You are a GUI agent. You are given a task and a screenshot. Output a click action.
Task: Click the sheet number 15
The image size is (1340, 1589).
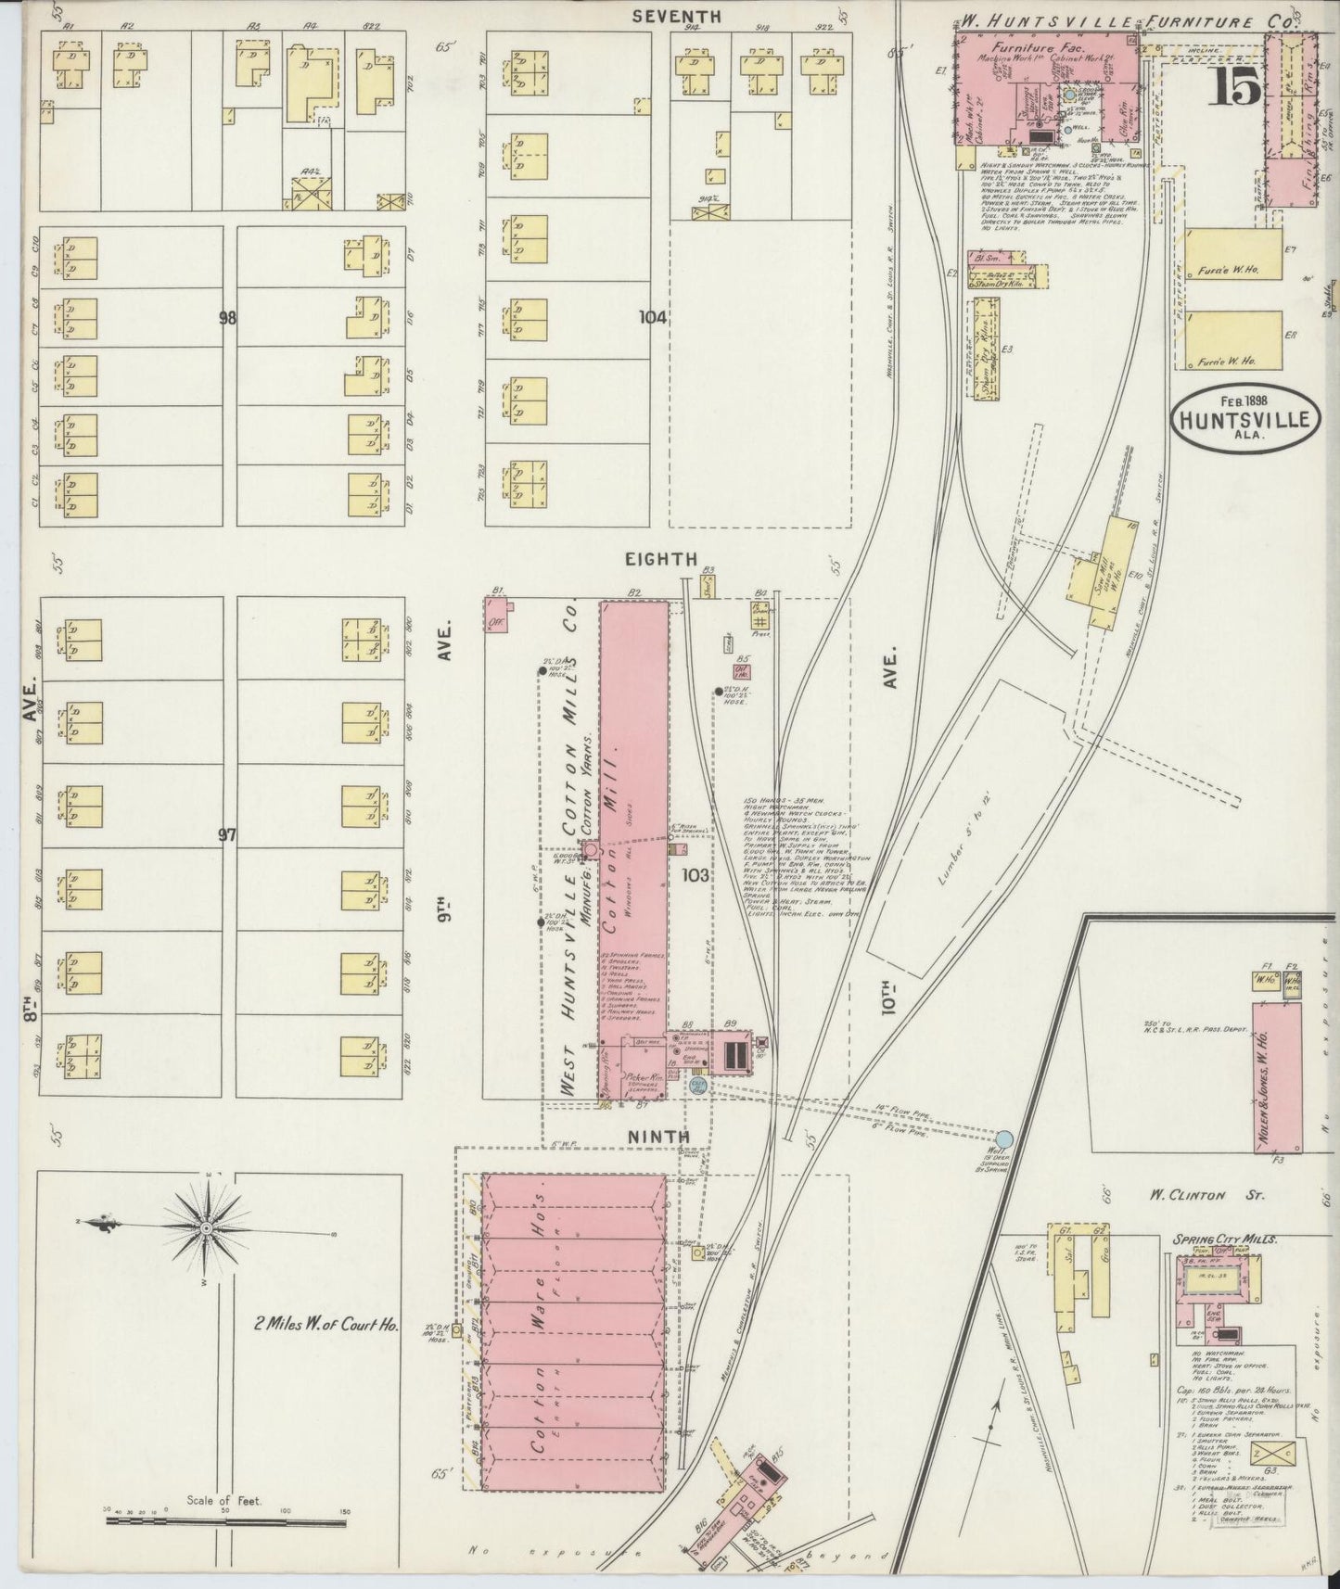pyautogui.click(x=1233, y=87)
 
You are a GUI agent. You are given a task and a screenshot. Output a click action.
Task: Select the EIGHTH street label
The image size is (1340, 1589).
pyautogui.click(x=660, y=558)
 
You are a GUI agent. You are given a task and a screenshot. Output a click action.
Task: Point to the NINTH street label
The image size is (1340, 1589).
pyautogui.click(x=659, y=1136)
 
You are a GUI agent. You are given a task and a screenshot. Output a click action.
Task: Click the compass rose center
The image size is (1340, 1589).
pyautogui.click(x=206, y=1228)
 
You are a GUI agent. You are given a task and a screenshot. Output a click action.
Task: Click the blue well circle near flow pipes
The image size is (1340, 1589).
pyautogui.click(x=1005, y=1138)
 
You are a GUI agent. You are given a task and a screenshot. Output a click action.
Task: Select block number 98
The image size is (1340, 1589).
pyautogui.click(x=228, y=318)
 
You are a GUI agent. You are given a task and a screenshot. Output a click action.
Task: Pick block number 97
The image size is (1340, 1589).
pyautogui.click(x=228, y=834)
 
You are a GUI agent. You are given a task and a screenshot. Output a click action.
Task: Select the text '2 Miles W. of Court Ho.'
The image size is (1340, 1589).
pyautogui.click(x=326, y=1325)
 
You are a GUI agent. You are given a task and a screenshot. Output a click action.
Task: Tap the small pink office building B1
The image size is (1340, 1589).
pyautogui.click(x=496, y=615)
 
